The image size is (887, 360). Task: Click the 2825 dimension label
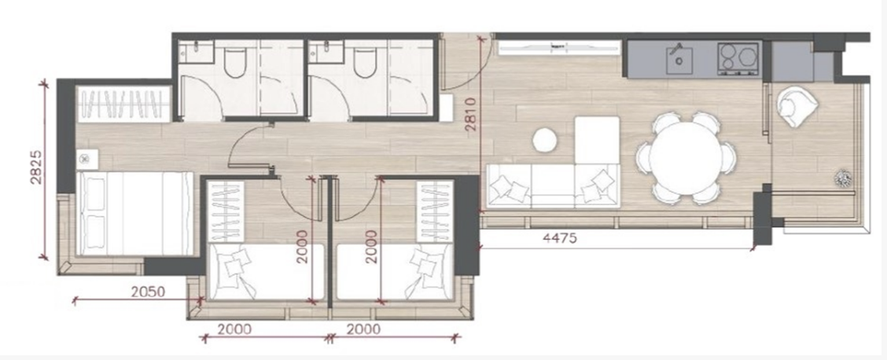(x=37, y=168)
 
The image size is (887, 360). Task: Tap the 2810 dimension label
(x=471, y=114)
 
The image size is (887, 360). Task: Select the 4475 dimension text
(x=559, y=238)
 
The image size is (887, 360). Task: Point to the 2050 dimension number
(x=148, y=292)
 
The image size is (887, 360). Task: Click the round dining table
(x=686, y=158)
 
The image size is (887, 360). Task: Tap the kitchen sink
(x=679, y=60)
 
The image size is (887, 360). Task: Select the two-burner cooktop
(x=738, y=58)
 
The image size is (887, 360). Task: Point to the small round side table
(x=545, y=140)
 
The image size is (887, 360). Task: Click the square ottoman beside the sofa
(x=597, y=140)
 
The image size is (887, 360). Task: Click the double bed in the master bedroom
(x=134, y=214)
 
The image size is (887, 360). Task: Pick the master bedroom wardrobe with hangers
(x=124, y=104)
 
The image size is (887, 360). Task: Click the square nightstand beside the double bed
(x=87, y=160)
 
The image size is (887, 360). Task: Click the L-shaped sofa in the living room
(x=554, y=186)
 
